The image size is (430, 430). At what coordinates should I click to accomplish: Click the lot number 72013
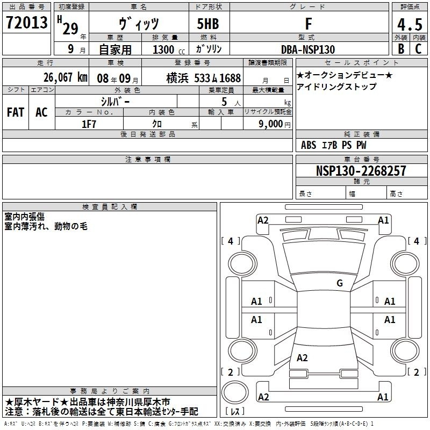[26, 23]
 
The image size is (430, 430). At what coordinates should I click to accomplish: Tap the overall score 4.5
[410, 24]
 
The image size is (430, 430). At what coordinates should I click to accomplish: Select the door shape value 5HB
[208, 24]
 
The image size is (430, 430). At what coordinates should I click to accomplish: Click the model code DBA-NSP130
[308, 49]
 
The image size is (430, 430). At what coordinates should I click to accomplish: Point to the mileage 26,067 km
[66, 77]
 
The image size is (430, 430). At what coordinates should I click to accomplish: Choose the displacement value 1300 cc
[169, 49]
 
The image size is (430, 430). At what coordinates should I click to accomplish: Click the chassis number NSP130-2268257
[361, 171]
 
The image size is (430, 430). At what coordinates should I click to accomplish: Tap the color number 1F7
[89, 124]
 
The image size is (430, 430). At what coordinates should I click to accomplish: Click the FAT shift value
[16, 112]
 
